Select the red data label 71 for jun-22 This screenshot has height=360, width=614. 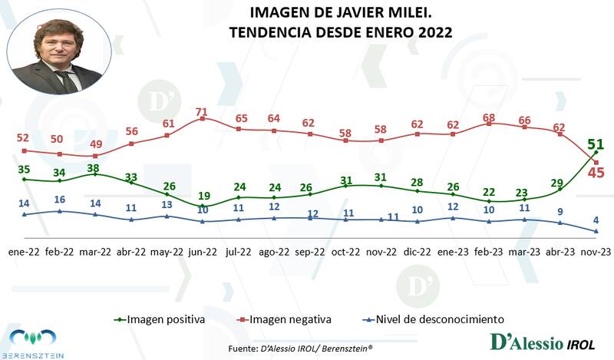(x=203, y=112)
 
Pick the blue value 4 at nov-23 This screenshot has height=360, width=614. (x=596, y=219)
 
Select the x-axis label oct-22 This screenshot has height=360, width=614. (x=346, y=251)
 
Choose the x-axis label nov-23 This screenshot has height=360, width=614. (x=596, y=251)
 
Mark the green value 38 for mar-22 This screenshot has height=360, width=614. (x=95, y=167)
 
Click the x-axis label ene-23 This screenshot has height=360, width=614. (x=454, y=251)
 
